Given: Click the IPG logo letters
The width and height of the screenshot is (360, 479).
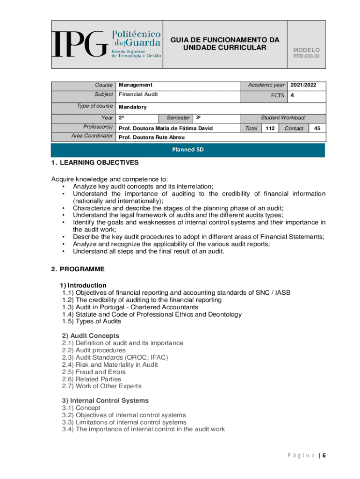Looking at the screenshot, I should pos(79,44).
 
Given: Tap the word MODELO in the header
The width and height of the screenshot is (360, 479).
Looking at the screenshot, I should pos(306,50).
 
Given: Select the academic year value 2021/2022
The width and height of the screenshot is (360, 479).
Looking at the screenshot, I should pos(303,85).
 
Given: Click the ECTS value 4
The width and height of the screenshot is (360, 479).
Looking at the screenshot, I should pos(292,95).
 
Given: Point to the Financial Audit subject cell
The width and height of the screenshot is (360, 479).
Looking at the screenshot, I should pos(138,94).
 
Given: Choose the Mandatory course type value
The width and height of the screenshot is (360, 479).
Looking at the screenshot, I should pos(132,107).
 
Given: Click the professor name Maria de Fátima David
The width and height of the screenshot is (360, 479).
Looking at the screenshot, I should pos(166,128).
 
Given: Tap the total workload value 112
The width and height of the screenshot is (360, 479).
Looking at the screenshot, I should pos(270,128).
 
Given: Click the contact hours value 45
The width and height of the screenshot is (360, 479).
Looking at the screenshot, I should pos(317,128).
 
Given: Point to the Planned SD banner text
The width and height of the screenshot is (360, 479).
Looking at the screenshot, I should pos(187,150).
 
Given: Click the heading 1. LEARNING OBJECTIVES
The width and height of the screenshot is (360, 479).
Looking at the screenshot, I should pos(95,163).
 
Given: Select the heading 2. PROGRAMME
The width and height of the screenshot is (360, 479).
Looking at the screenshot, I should pos(78,269).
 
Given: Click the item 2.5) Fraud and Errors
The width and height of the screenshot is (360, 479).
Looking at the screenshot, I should pos(94,372).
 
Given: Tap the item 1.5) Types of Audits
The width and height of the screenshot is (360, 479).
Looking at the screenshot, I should pos(92,321).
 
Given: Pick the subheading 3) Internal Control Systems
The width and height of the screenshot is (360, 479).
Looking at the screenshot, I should pos(105,400).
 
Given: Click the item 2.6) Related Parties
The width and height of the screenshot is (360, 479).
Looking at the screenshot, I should pos(92,379).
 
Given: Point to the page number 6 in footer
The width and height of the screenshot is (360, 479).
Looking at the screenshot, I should pos(323,456).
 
